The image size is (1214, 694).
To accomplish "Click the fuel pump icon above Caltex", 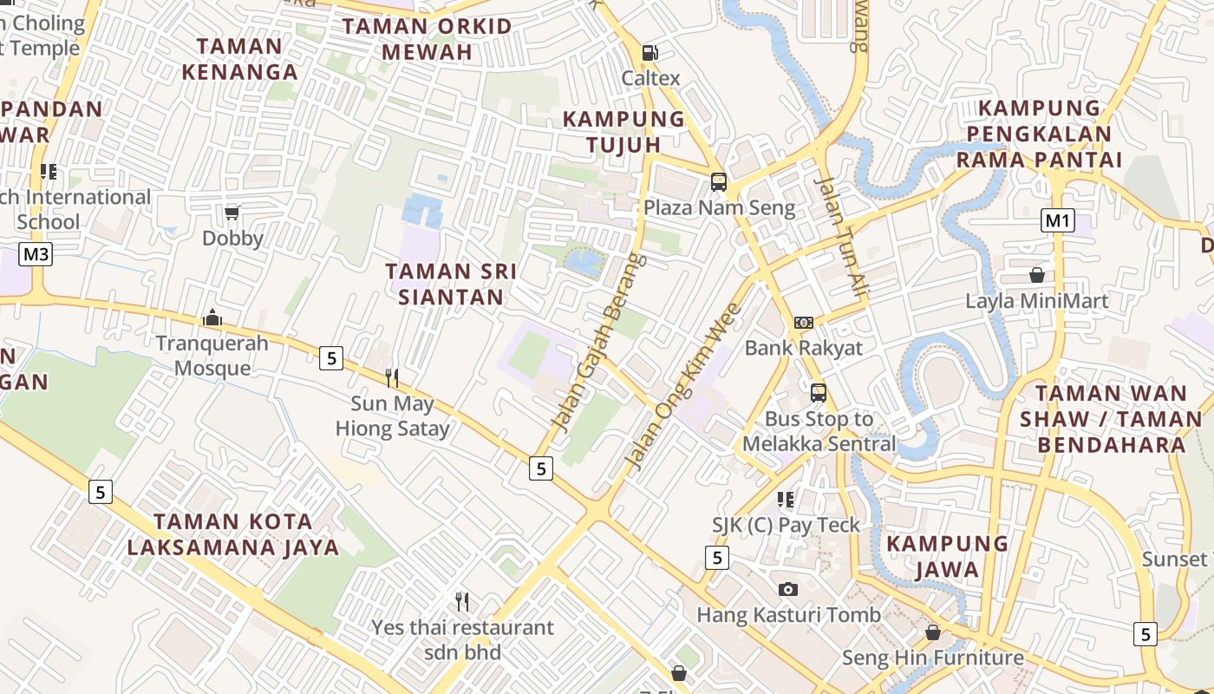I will coord(649,53).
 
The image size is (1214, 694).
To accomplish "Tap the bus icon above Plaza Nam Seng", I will coord(718,182).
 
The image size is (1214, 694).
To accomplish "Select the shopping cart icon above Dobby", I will coord(232,213).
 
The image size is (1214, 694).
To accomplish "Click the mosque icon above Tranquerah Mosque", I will coord(212,318).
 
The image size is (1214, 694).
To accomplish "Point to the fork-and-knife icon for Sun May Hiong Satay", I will coord(392,377).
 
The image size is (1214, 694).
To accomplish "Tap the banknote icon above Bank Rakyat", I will coord(804,323).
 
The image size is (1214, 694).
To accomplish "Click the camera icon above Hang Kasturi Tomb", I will coord(787,590).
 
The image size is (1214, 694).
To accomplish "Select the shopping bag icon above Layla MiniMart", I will coord(1036,276).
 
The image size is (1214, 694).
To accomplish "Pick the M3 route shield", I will coord(36,254).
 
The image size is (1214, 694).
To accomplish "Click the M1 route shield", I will coord(1057,220).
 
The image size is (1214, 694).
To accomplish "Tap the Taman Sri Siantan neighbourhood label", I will coord(451,285).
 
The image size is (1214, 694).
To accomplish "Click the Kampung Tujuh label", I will coord(623,132).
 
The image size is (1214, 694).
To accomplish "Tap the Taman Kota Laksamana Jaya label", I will coord(232,534).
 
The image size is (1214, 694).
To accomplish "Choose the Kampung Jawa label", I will coord(947,557).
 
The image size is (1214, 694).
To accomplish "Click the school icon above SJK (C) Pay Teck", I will coord(786,500).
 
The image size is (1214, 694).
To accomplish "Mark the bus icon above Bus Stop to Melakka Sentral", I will coord(819,393).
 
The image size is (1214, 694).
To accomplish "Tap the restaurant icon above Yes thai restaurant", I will coord(462,601).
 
